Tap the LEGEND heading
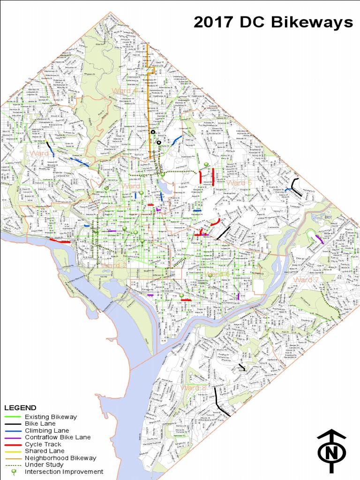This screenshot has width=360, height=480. pos(20,408)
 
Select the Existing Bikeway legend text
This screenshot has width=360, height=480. pos(51,417)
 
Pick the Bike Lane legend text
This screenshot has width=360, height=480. pos(40,424)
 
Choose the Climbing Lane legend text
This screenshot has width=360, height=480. pos(47,430)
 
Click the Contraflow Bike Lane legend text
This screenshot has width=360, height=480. pos(58,437)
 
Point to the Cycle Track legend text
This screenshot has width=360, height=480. pos(43,444)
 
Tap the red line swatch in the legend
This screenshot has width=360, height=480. pos(13,444)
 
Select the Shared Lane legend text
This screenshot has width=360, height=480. pos(45,451)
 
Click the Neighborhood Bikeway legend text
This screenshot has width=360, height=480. pos(60,458)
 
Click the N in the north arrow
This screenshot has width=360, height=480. pos(331,453)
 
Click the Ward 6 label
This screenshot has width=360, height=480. pos(217,274)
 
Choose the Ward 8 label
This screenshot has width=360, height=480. pos(193,388)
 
